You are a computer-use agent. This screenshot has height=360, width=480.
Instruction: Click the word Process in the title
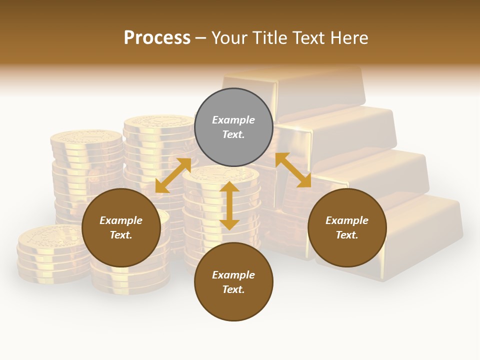157,38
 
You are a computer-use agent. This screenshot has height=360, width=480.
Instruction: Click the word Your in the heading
231,38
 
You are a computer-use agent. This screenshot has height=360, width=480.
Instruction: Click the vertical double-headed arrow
229,205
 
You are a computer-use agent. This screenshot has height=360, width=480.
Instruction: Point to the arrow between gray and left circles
173,175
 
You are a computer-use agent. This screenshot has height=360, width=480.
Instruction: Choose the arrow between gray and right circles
293,170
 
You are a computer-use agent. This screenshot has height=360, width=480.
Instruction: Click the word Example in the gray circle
233,120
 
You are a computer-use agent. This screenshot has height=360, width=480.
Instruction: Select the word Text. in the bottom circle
233,289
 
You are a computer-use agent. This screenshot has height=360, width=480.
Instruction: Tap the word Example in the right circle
347,220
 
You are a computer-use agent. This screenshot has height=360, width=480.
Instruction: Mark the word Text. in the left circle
121,235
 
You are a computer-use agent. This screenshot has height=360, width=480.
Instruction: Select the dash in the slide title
201,38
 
